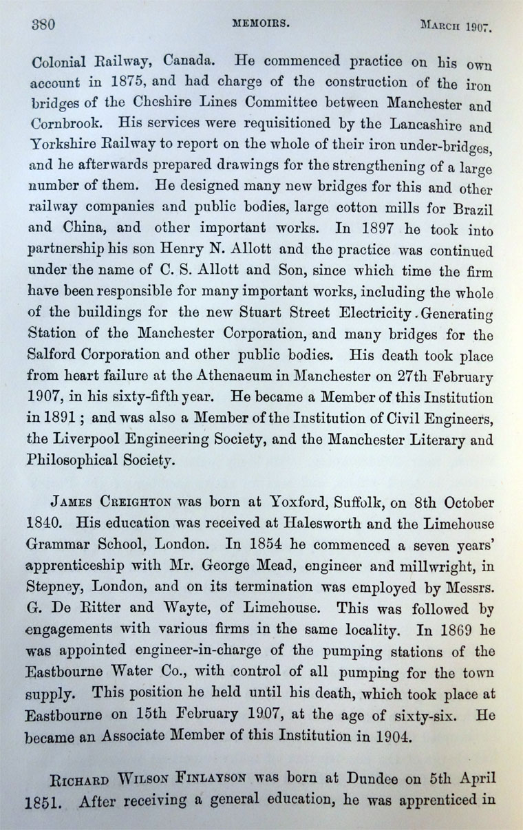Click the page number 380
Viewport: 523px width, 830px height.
point(43,25)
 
